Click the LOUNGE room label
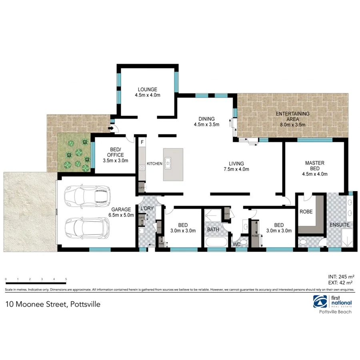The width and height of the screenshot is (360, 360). click(148, 92)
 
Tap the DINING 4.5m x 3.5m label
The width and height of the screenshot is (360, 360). click(207, 122)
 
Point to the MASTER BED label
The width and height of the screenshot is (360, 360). click(314, 168)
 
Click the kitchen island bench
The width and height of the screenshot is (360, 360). click(173, 164)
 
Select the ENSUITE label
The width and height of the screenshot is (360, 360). click(340, 225)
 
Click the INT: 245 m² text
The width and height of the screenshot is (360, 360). click(341, 276)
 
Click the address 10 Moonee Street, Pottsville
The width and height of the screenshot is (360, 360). click(53, 304)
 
